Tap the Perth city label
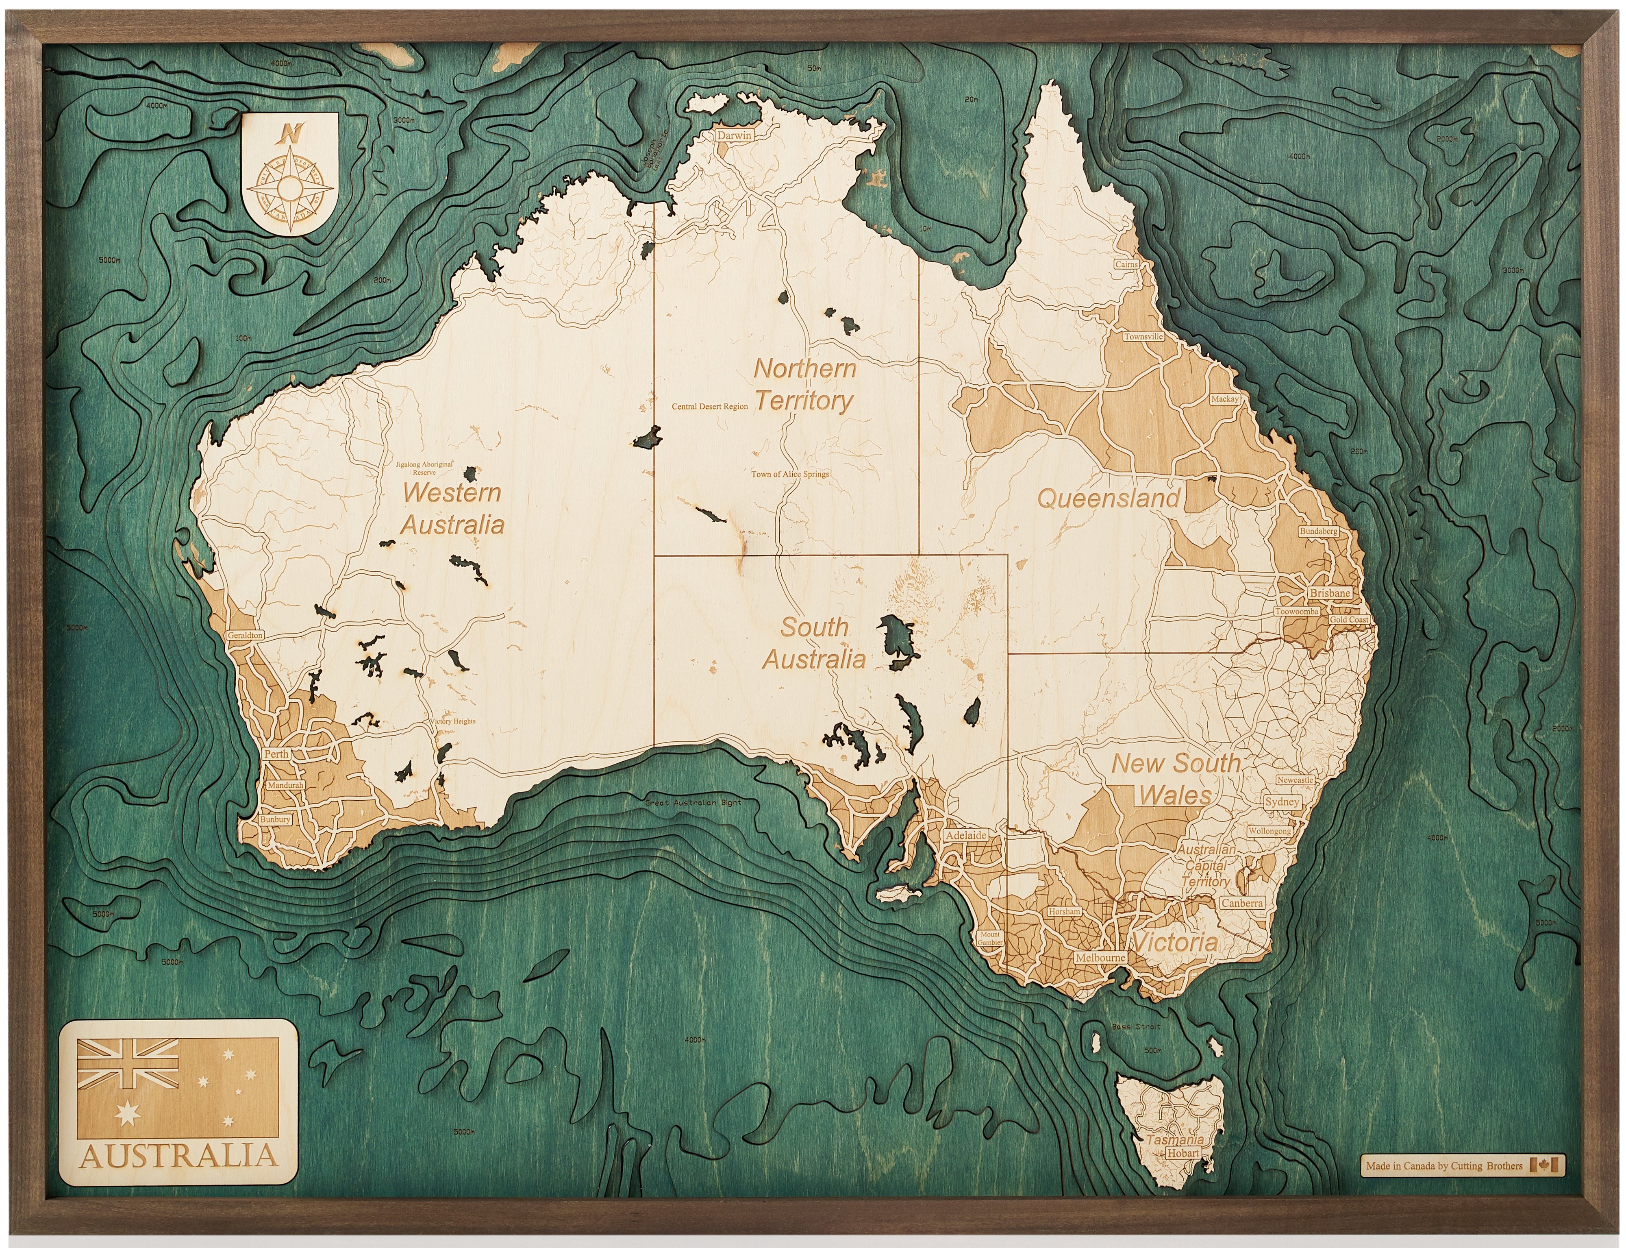[x=276, y=753]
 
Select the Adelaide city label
[x=966, y=835]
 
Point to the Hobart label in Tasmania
[x=1183, y=1153]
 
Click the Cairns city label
[x=1126, y=264]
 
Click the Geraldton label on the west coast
[x=245, y=635]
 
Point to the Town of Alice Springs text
[x=789, y=474]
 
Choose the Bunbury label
[x=275, y=819]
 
